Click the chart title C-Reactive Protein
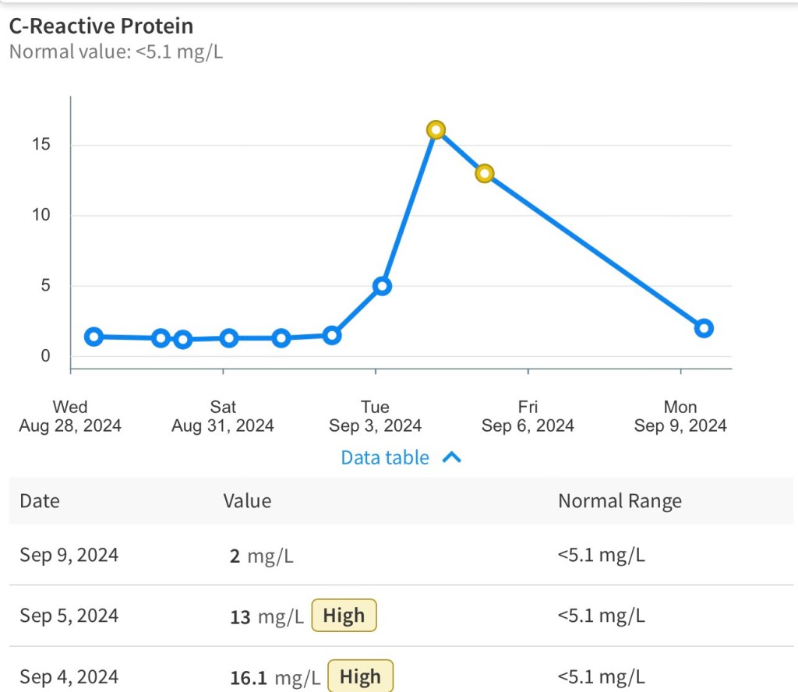[x=101, y=26]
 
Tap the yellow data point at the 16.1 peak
[x=436, y=129]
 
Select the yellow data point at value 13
[x=485, y=173]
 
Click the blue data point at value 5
[x=382, y=286]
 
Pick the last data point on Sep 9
[x=704, y=328]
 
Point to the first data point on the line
[x=94, y=337]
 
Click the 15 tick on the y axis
[x=41, y=145]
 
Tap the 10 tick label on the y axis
[x=41, y=215]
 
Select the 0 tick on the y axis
[x=45, y=356]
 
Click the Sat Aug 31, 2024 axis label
[x=223, y=416]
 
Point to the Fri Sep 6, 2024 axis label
[x=528, y=416]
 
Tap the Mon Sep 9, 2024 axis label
[x=680, y=416]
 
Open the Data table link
[x=385, y=457]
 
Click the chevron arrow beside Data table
[x=452, y=457]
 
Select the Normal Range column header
[x=620, y=501]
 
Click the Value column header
[x=247, y=501]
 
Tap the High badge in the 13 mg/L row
[x=344, y=616]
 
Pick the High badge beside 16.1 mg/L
[x=360, y=676]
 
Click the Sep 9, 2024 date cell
[x=69, y=556]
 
